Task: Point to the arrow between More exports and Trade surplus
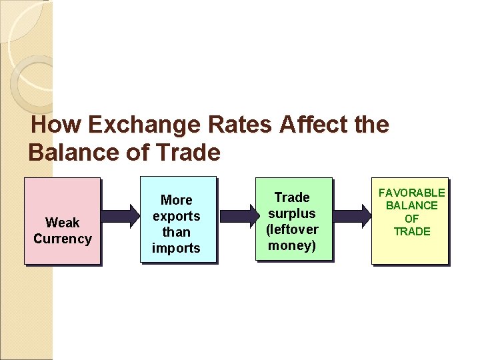(x=238, y=215)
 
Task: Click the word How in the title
(x=57, y=125)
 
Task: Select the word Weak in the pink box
(x=62, y=223)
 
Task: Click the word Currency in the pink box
(x=62, y=239)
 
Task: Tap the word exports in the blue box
(x=176, y=216)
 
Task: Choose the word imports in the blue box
(x=176, y=248)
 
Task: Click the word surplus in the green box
(x=292, y=213)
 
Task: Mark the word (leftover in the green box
(x=292, y=229)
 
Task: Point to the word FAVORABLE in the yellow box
(x=411, y=193)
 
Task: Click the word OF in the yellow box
(x=411, y=219)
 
